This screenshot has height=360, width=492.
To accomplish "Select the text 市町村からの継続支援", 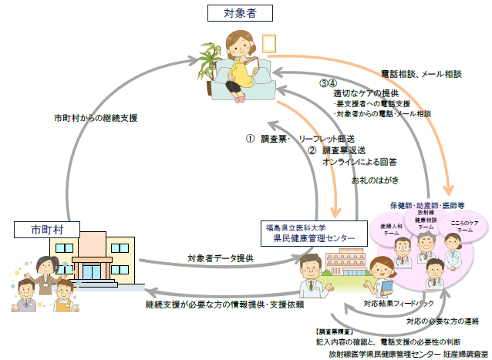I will pyautogui.click(x=96, y=118).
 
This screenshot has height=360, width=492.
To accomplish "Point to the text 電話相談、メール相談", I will pyautogui.click(x=421, y=74).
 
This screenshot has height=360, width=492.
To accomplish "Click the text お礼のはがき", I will pyautogui.click(x=375, y=180).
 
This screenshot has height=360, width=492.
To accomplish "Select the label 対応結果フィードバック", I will pyautogui.click(x=394, y=303).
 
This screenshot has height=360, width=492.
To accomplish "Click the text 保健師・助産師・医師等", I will pyautogui.click(x=426, y=206).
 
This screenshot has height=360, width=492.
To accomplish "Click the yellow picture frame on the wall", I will pyautogui.click(x=268, y=42).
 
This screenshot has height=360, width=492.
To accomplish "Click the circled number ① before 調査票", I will pyautogui.click(x=250, y=139).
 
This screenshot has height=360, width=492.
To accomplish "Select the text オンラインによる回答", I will pyautogui.click(x=359, y=162).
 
